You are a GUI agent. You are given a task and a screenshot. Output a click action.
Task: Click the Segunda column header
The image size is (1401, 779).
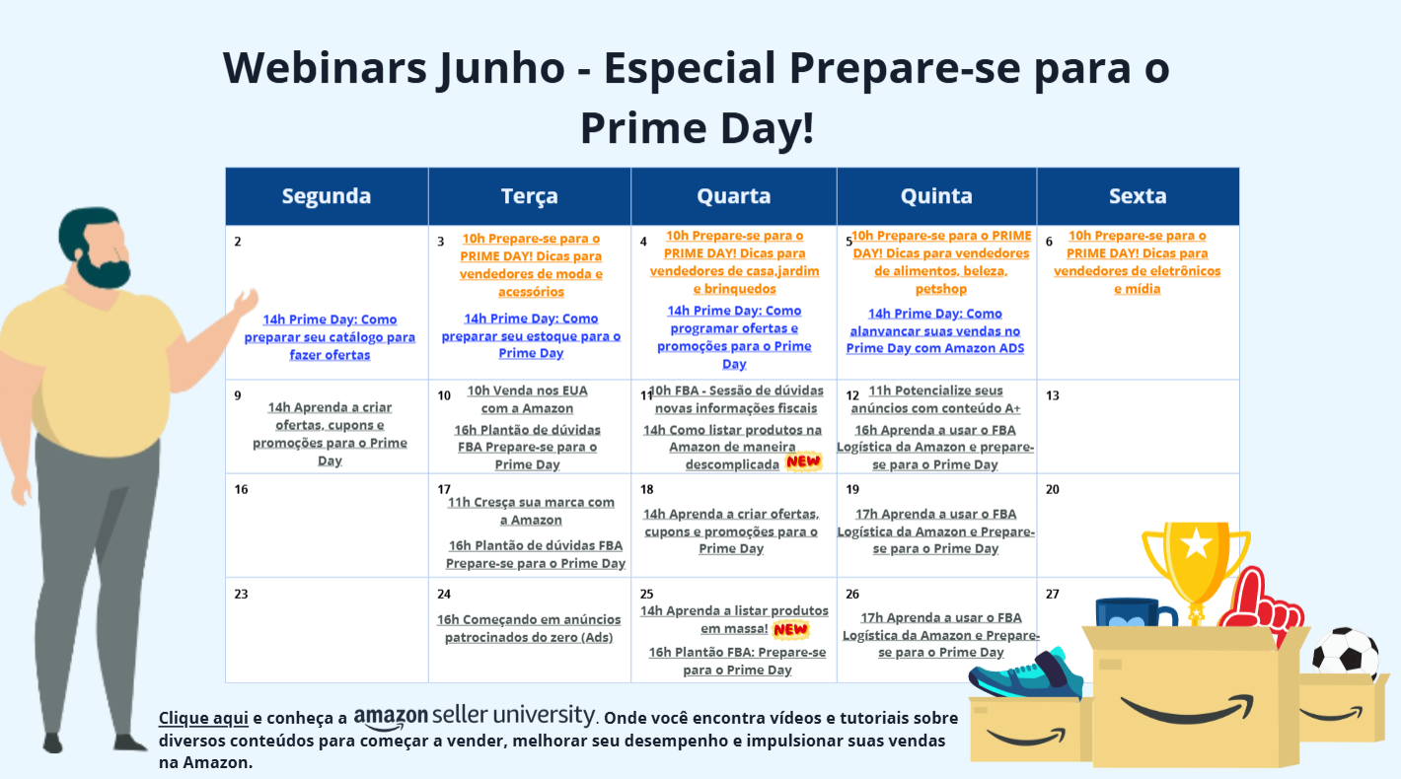(327, 196)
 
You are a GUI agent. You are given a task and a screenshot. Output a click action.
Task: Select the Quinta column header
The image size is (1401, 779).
(936, 196)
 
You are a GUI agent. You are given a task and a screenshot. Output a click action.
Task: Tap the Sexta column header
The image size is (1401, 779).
(1138, 196)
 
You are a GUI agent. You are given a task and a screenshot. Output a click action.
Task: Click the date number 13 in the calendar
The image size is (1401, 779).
(1053, 395)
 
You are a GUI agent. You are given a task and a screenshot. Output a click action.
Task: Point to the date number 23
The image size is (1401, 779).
(242, 594)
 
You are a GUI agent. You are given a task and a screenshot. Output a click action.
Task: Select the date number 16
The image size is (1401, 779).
(242, 489)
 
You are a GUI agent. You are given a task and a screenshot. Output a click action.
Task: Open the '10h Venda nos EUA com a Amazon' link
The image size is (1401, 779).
(527, 399)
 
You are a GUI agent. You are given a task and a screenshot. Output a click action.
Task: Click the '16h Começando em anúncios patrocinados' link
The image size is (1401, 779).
(529, 628)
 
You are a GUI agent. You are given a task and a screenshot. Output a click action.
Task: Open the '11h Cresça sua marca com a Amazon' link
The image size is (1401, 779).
(531, 511)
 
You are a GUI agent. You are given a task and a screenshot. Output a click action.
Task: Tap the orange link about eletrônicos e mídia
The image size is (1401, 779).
(1137, 262)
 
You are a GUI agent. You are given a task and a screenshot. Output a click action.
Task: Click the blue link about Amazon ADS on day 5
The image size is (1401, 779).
(935, 330)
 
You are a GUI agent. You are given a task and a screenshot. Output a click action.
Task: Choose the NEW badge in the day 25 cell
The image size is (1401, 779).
(790, 629)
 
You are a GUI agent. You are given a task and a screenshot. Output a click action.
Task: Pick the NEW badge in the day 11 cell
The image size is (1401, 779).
(803, 462)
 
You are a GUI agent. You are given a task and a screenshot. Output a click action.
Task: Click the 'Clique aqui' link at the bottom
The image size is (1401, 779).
(203, 718)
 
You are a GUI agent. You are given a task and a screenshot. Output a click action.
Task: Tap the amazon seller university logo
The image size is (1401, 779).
(475, 717)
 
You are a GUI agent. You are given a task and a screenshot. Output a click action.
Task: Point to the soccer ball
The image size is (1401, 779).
(1346, 654)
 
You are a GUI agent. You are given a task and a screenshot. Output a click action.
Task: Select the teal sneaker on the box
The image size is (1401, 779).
(1026, 673)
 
